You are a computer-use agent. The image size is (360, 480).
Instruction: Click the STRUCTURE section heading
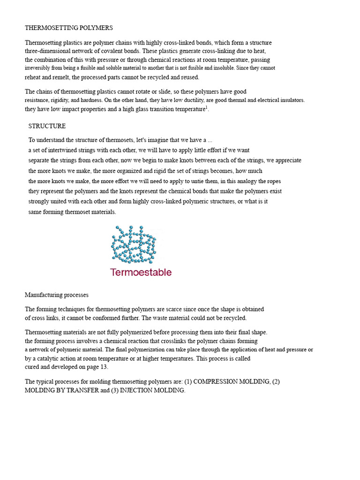tap(47, 126)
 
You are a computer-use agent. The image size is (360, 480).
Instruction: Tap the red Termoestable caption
tap(141, 272)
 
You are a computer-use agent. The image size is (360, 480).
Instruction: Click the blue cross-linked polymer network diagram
tap(134, 244)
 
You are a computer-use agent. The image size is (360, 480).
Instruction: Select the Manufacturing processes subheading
tap(56, 295)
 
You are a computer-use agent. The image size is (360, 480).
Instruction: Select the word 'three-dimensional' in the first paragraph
tap(49, 51)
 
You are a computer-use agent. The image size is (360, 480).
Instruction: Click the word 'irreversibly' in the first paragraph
tap(37, 68)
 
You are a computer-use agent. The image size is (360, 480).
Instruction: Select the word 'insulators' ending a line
tap(291, 100)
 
